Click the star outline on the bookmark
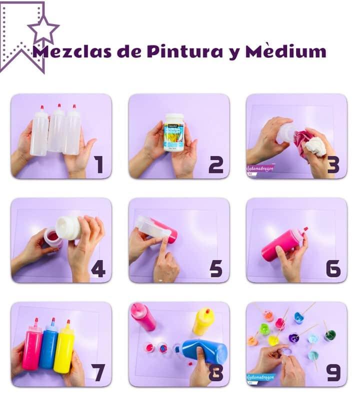click(43, 29)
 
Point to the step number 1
click(99, 164)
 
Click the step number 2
click(216, 164)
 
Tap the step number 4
click(98, 269)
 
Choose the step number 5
click(216, 269)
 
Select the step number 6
click(333, 269)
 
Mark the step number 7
click(98, 372)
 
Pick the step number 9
click(333, 372)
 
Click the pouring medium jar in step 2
click(174, 132)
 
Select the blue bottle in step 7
click(48, 345)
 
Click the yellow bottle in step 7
click(64, 346)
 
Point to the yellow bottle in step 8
click(203, 321)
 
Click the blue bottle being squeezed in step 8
click(205, 350)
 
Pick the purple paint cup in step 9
click(294, 338)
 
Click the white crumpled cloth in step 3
click(315, 146)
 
